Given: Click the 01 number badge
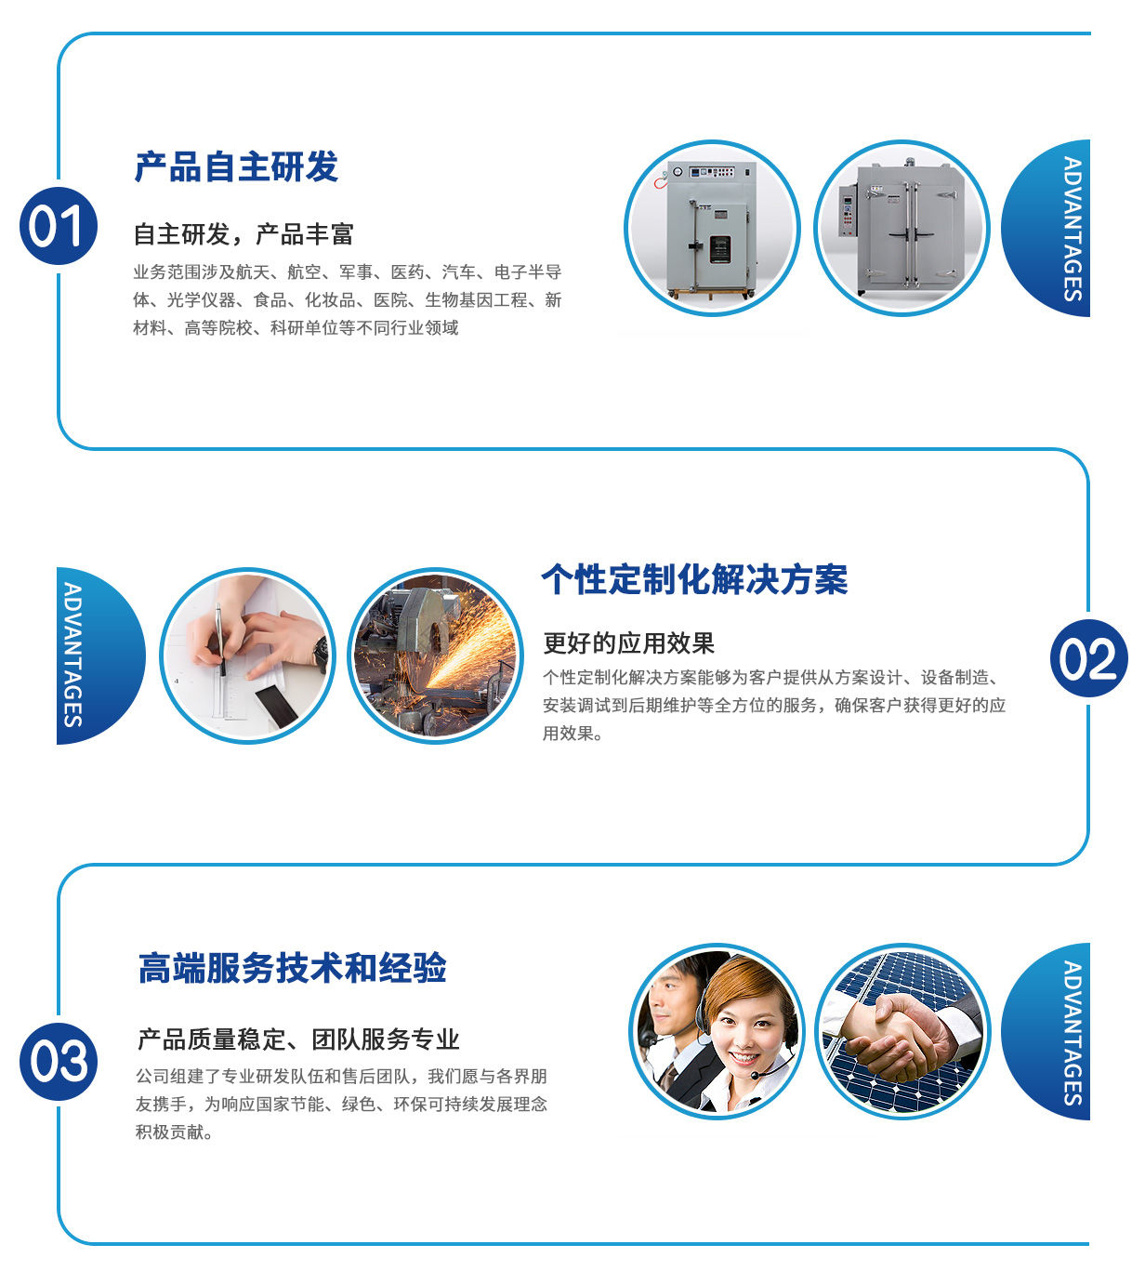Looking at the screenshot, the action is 59,226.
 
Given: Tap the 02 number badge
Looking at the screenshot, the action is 1088,658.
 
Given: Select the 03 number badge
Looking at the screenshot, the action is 59,1062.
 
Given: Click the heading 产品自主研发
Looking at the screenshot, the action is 236,167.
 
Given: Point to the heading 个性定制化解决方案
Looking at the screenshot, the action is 694,579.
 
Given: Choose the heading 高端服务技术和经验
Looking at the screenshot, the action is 292,968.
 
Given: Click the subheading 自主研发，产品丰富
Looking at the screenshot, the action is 243,234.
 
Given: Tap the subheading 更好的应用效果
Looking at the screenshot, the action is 628,643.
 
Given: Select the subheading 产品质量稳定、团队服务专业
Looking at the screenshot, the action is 297,1039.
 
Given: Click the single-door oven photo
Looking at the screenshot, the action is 712,228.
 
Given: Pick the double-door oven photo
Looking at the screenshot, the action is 902,228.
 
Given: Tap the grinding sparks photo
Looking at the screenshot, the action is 436,655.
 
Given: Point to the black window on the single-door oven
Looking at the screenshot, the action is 719,249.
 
